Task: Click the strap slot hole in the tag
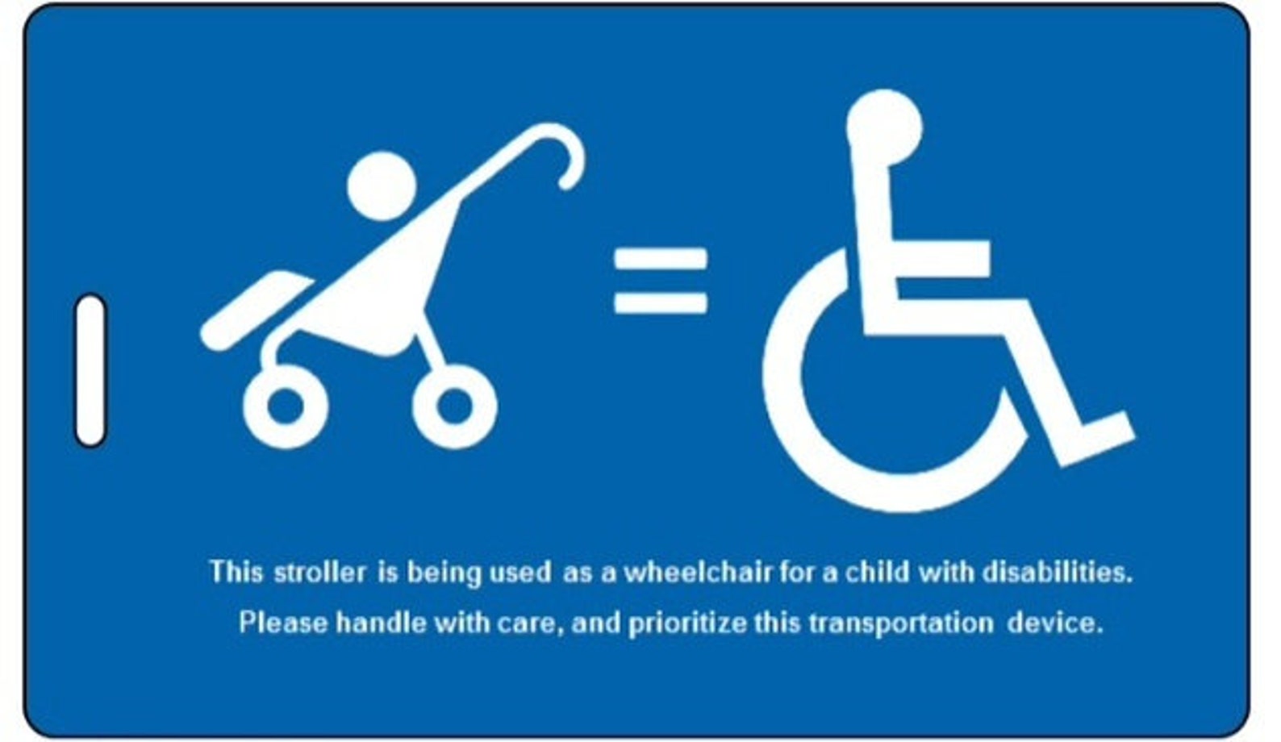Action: (90, 370)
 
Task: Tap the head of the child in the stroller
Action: (380, 185)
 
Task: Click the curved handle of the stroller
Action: (557, 145)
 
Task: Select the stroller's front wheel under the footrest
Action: (285, 406)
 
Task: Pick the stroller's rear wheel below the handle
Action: (454, 406)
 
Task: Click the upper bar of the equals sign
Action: (660, 261)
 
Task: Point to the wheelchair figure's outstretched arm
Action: (940, 255)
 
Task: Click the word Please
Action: (282, 623)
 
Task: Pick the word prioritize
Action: (686, 623)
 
